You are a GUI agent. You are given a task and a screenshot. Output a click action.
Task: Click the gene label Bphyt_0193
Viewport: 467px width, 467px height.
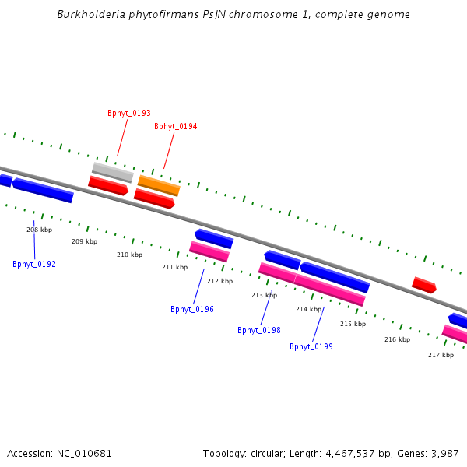pos(129,114)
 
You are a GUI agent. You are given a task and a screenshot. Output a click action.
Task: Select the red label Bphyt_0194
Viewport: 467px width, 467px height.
pos(176,127)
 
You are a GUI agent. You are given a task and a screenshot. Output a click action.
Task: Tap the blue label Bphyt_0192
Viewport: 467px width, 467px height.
pos(34,265)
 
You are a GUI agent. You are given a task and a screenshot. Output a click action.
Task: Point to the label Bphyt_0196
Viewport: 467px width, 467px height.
pos(192,310)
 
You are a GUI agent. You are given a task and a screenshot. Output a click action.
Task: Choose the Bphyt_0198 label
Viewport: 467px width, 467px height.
pos(259,331)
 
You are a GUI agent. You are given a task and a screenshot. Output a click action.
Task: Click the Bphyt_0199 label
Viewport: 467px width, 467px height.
pos(311,347)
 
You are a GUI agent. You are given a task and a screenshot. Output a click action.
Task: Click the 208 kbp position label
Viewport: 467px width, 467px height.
pos(39,230)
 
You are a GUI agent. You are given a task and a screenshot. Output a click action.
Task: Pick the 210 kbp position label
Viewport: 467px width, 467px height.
pos(130,255)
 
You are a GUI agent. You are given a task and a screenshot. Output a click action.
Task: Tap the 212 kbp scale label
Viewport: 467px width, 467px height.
pos(219,282)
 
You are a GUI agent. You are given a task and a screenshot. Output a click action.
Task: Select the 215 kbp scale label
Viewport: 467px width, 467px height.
pos(353,325)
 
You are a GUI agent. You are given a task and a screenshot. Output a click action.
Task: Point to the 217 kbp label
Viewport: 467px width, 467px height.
pos(441,356)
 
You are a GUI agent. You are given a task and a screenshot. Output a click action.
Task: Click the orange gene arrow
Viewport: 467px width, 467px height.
pos(159,185)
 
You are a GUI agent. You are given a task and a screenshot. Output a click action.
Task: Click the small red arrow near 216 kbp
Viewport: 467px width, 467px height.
pos(423,285)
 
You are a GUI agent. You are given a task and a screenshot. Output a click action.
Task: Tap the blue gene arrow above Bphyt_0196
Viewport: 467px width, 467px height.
pos(214,238)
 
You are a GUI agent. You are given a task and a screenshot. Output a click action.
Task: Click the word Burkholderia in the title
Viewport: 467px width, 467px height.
pos(90,15)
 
